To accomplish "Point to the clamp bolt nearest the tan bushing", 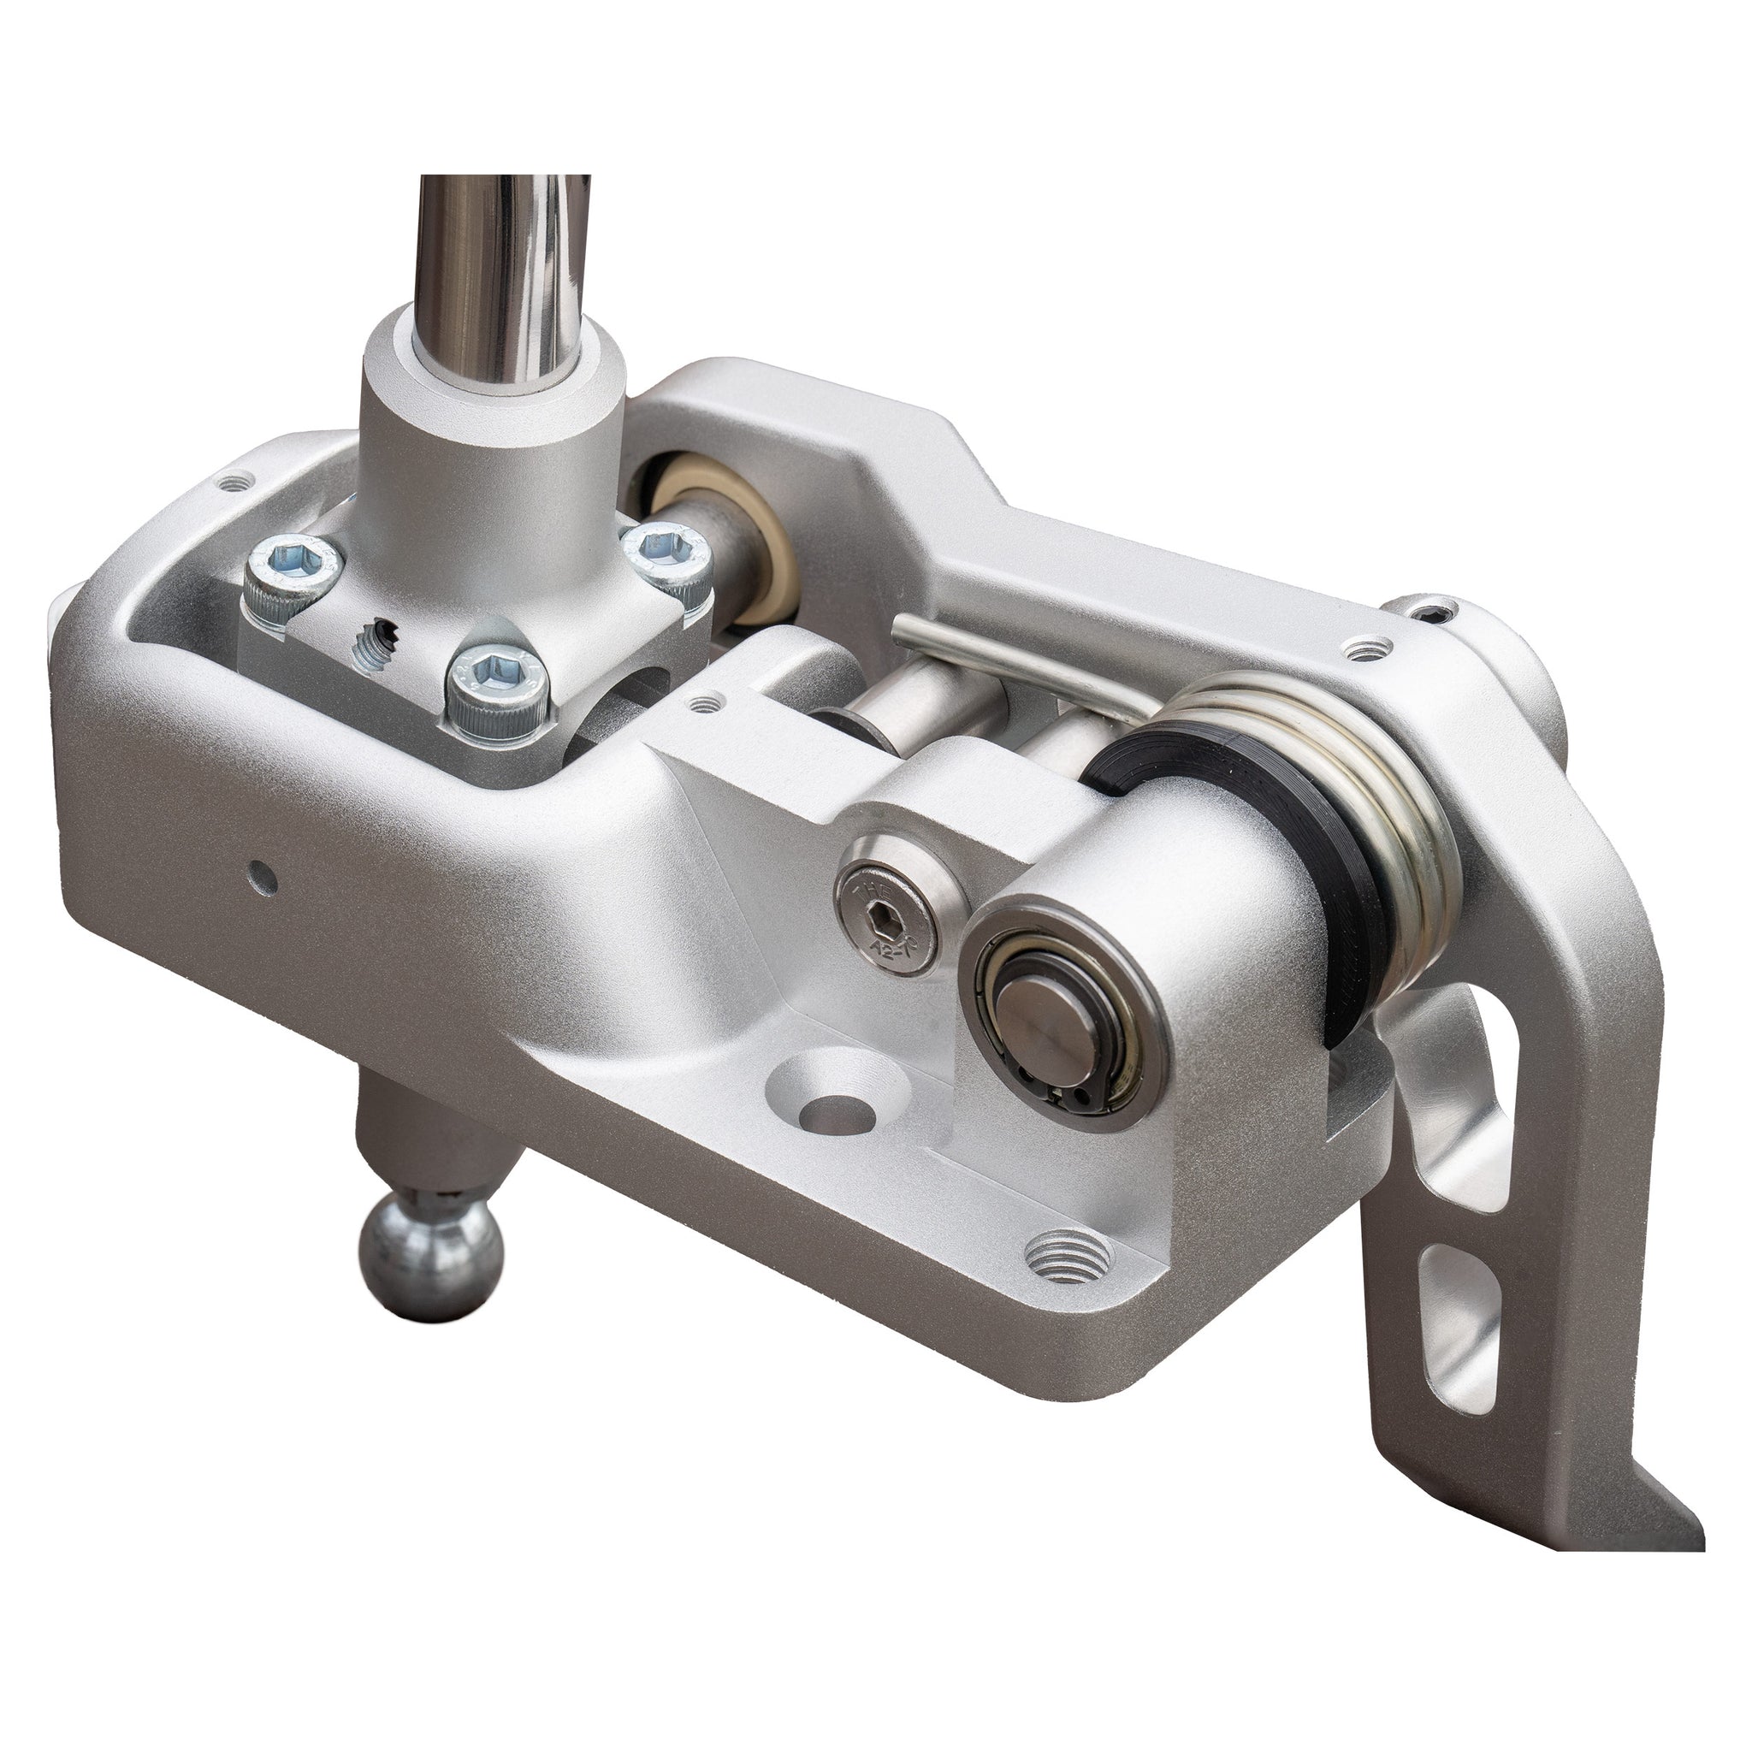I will (x=666, y=558).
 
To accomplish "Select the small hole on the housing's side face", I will (x=263, y=874).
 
